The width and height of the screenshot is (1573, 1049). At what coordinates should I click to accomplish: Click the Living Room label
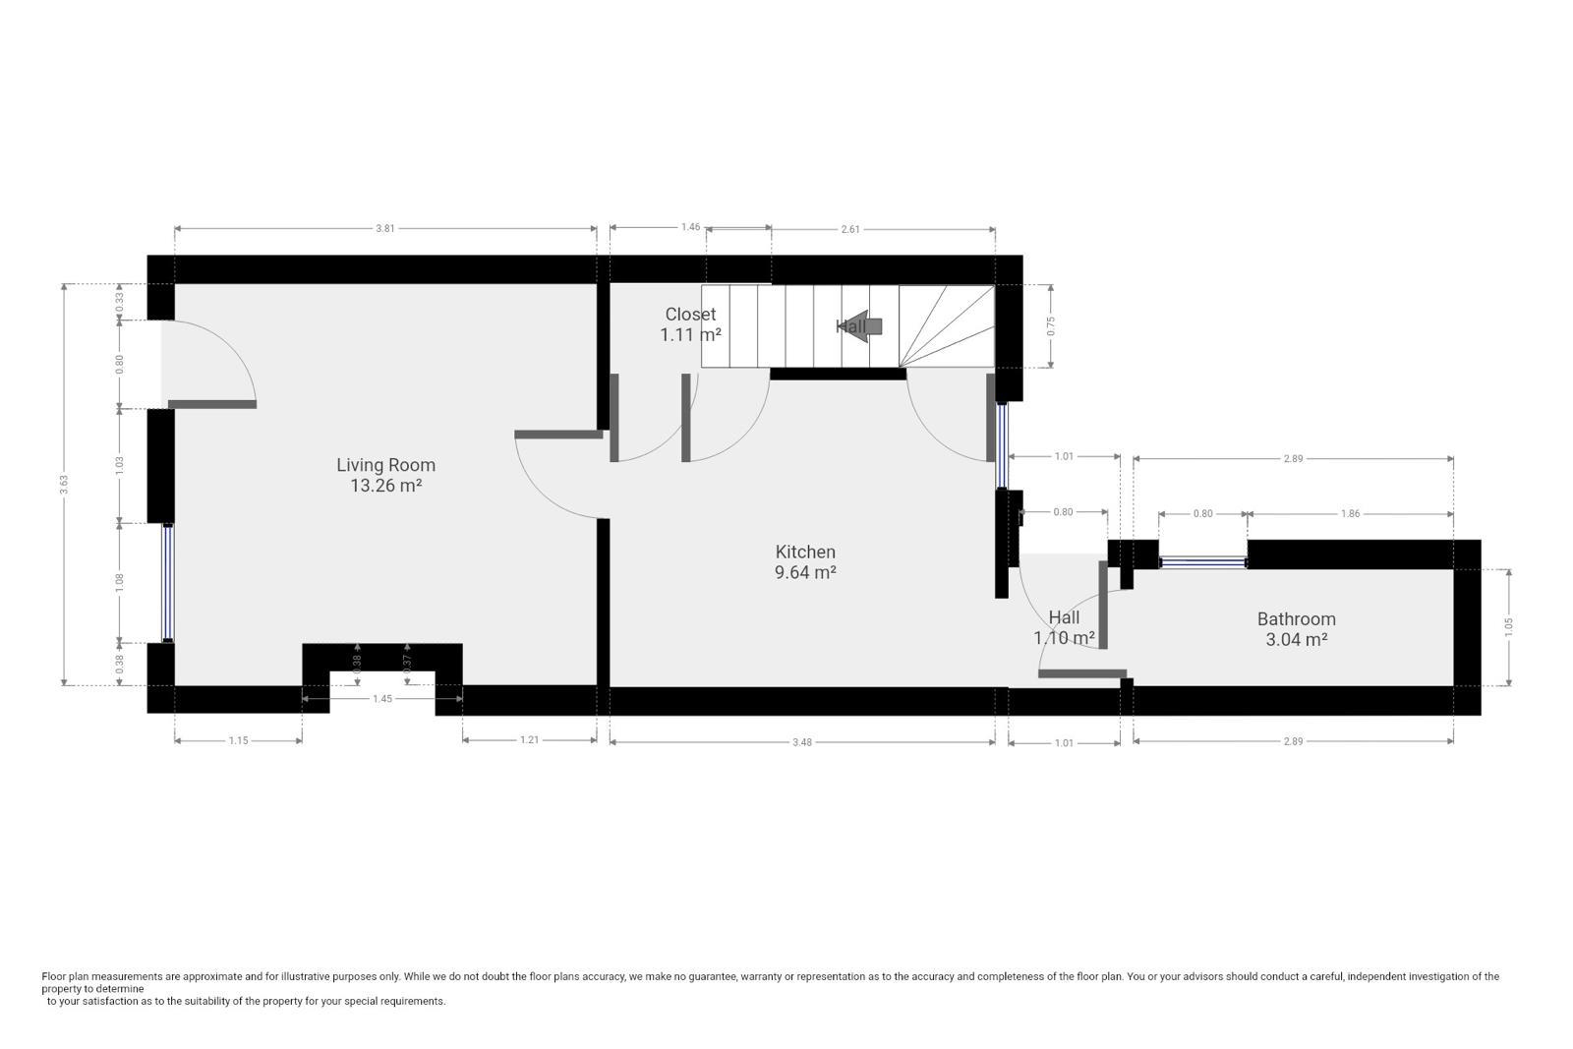tap(385, 465)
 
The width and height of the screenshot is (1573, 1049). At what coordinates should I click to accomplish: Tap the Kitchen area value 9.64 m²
tap(805, 572)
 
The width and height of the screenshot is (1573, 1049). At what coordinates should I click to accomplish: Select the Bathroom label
tap(1296, 619)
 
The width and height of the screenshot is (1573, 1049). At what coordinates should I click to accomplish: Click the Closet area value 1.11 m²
tap(690, 334)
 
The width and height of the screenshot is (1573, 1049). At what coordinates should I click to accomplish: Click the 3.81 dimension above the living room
tap(385, 228)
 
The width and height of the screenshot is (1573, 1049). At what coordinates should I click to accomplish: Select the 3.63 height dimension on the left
tap(64, 484)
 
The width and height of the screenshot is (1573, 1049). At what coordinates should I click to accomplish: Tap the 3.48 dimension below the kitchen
tap(802, 742)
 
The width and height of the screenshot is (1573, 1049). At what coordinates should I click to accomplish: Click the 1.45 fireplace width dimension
tap(382, 699)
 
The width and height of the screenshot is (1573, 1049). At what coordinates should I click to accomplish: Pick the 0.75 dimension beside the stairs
tap(1051, 326)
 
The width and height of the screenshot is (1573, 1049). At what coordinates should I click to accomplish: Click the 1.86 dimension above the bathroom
tap(1350, 513)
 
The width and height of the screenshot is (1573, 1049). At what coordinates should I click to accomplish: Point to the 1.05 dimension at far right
tap(1508, 626)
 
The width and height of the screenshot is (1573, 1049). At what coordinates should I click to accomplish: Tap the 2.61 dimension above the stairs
tap(850, 229)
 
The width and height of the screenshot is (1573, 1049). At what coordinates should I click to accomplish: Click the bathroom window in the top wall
tap(1202, 563)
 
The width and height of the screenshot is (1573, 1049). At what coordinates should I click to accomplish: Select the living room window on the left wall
tap(168, 583)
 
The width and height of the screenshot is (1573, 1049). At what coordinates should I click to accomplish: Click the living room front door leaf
tap(212, 404)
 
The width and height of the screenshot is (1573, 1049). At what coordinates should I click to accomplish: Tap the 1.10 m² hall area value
tap(1064, 638)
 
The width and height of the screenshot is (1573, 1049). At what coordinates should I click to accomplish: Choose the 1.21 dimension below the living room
tap(529, 740)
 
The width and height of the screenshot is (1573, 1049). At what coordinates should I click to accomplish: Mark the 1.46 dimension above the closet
tap(690, 227)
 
